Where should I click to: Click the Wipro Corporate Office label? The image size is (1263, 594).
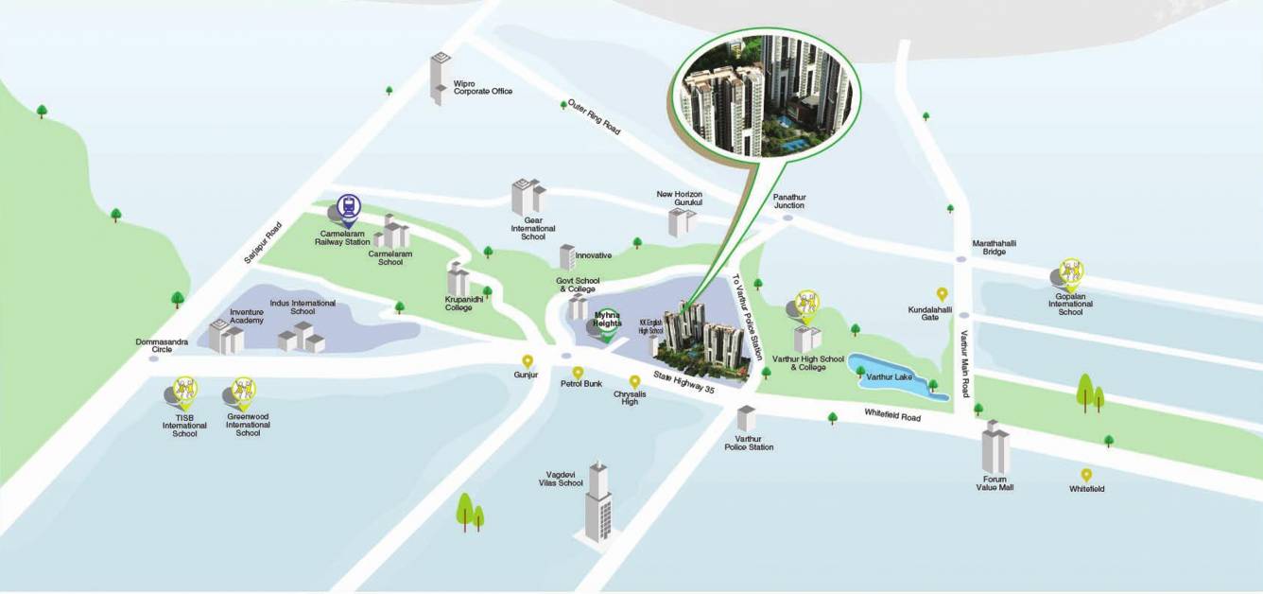[482, 87]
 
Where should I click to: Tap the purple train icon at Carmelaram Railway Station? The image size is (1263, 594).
[350, 205]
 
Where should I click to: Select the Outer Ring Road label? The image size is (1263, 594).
[594, 116]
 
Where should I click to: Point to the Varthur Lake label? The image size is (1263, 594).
[890, 377]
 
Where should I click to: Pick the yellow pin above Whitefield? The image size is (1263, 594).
[1086, 475]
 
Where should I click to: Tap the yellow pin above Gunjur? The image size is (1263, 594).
[528, 361]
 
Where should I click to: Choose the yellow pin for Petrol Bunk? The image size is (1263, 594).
[578, 373]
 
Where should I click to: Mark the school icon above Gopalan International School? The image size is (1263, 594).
[1070, 273]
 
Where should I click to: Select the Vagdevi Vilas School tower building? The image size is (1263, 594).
[597, 501]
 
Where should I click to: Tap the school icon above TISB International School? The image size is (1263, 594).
[185, 390]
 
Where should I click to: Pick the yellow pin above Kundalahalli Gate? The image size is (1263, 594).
[942, 294]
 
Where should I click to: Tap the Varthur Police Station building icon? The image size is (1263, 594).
[747, 418]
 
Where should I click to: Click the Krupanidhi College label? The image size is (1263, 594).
[458, 303]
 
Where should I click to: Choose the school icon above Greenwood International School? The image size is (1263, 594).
[244, 390]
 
